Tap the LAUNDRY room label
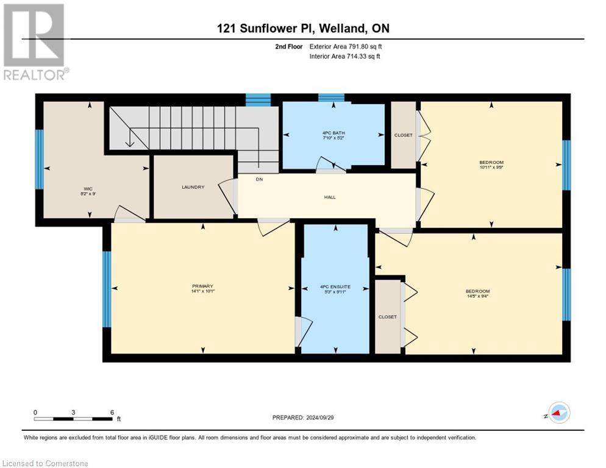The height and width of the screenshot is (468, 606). coord(192,187)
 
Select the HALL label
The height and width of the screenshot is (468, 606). coord(330,197)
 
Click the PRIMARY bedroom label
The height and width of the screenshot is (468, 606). coord(202,286)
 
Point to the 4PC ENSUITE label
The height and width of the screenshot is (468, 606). coord(335,286)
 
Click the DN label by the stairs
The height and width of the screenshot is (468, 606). coord(259,179)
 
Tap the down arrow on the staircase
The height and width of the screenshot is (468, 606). coord(130,141)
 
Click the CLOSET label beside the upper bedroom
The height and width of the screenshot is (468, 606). coord(403,135)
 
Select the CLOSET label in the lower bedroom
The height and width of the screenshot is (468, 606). coord(387,317)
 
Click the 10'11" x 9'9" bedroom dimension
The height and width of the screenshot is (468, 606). coord(491,168)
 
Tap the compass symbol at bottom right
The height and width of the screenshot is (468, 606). coord(558,413)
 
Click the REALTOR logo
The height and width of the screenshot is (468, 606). coord(35,41)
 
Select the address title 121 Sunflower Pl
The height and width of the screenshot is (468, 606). coord(303,28)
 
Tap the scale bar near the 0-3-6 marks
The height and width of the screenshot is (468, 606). coord(73,419)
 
